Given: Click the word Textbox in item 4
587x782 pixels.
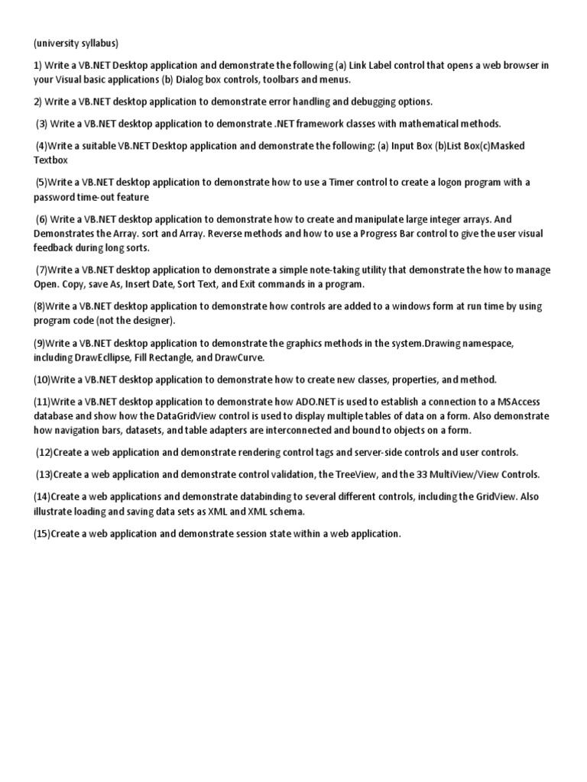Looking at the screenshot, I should (x=50, y=160).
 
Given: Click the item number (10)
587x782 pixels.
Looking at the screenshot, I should (x=43, y=380).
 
